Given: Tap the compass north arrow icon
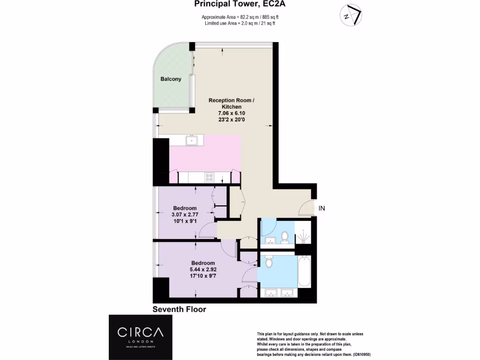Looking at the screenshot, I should pos(351,15).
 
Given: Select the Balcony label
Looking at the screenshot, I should pos(171,79).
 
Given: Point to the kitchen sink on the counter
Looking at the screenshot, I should pos(192,140).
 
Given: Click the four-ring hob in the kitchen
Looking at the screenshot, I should pos(209,177).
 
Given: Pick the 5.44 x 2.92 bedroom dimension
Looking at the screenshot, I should pos(203,270).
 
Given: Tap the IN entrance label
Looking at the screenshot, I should pos(322,208).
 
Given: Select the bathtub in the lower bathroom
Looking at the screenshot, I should pos(304,272).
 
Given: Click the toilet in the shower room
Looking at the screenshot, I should pos(284,236).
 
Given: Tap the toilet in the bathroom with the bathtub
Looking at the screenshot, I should pos(269,262).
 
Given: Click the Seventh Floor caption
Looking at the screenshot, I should pos(180,309).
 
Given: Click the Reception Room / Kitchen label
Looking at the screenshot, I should pos(232,104).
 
